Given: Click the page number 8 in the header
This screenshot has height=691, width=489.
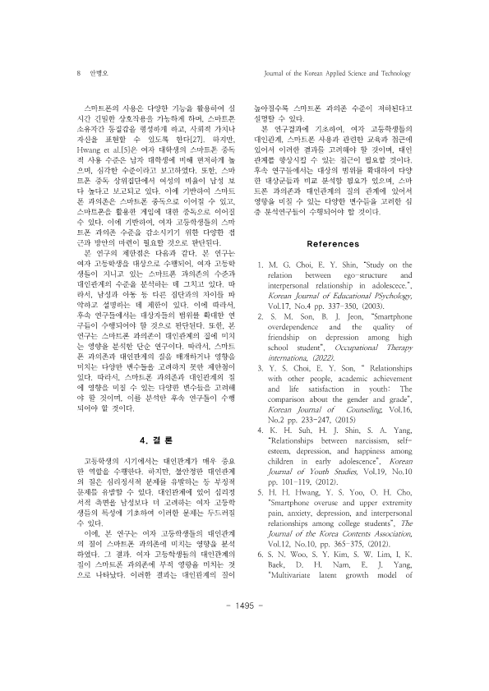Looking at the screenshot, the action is [x=77, y=72].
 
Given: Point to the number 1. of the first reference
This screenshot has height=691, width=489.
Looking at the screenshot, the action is [x=261, y=265].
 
